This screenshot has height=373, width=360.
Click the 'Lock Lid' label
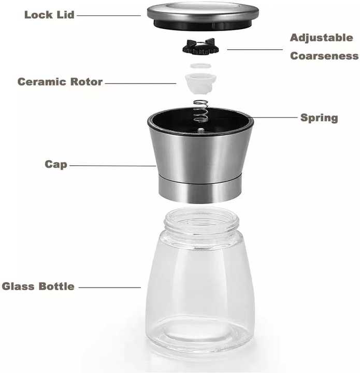tap(49, 15)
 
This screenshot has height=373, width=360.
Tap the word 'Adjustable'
tap(321, 38)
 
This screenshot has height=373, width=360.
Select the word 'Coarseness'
tap(324, 56)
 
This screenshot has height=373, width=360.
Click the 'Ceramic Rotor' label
tap(60, 82)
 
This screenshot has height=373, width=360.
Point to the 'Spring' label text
tap(319, 118)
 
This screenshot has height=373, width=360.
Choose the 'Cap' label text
tap(56, 164)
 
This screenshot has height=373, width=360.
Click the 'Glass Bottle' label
tap(38, 286)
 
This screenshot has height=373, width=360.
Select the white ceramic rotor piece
tap(200, 81)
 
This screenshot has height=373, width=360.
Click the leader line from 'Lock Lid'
tap(109, 16)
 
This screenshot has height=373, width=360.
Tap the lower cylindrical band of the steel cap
tap(200, 190)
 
